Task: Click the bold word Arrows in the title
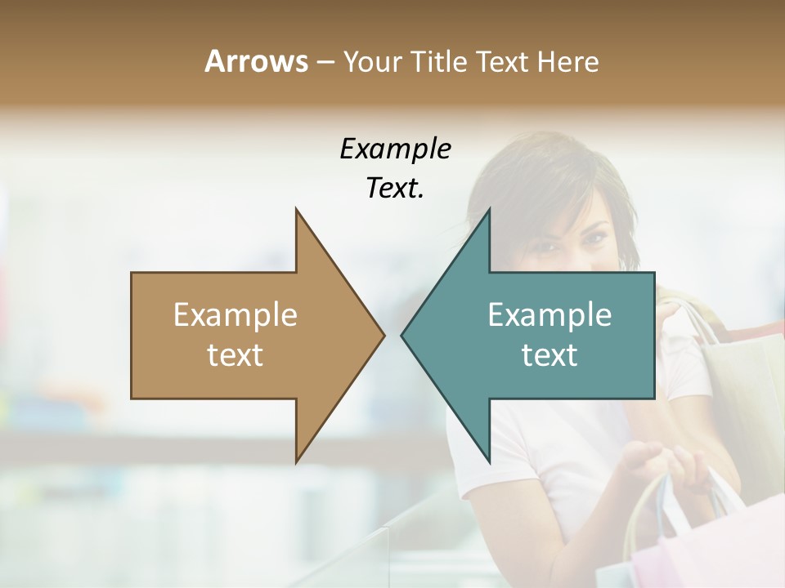coord(256,61)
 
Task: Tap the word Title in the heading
coord(440,61)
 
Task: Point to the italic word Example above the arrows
coord(395,149)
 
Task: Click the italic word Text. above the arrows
coord(395,188)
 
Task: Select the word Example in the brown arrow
coord(235,315)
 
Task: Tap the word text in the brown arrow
coord(235,355)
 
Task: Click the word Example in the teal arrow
coord(549,315)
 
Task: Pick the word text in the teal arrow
coord(549,355)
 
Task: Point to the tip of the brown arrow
coord(384,335)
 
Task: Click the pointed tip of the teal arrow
coord(402,335)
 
